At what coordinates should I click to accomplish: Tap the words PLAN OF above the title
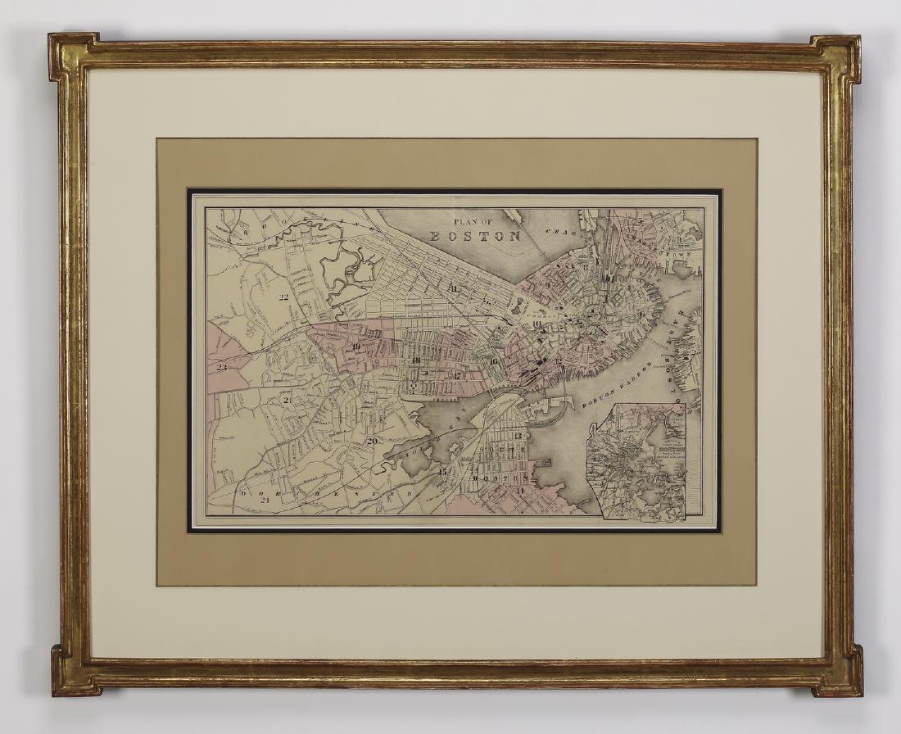[475, 220]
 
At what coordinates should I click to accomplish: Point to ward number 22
[284, 297]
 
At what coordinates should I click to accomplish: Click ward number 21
[287, 400]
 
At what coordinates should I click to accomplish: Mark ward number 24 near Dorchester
[265, 499]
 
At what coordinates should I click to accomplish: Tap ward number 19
[356, 347]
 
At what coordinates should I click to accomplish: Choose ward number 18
[415, 360]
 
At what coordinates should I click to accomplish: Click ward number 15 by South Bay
[442, 472]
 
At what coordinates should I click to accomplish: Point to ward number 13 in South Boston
[518, 436]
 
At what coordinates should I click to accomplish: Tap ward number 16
[493, 360]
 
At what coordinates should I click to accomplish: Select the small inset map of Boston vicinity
[643, 463]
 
